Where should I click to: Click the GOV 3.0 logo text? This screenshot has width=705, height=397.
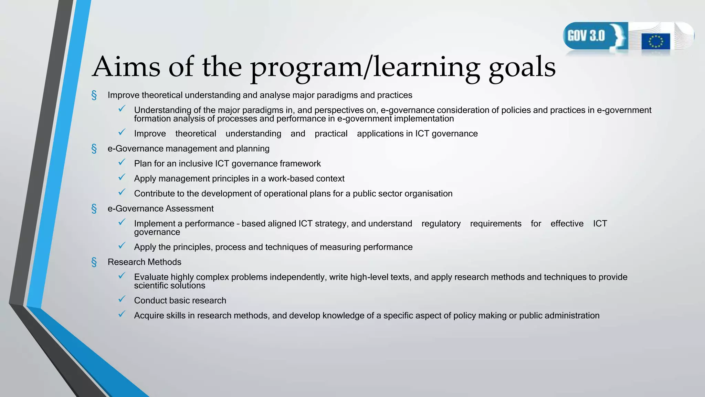pos(586,36)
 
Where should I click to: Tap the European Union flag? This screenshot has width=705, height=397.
pos(655,41)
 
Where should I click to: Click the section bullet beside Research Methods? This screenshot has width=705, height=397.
pos(94,262)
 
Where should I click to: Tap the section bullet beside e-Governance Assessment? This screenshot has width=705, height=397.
pos(94,209)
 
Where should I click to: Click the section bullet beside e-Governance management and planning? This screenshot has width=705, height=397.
pos(94,149)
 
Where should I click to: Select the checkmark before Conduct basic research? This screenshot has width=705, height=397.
pos(122,299)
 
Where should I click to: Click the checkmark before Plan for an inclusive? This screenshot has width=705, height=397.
pos(122,162)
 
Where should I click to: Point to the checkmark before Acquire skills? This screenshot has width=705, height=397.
pos(122,314)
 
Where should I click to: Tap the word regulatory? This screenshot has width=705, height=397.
pos(441,224)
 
